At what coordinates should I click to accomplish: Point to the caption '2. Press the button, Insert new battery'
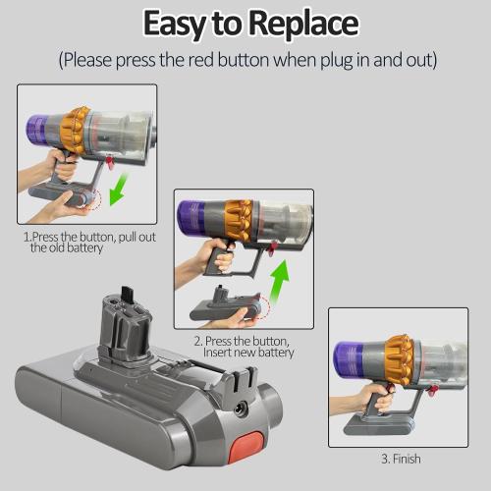click(244, 346)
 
